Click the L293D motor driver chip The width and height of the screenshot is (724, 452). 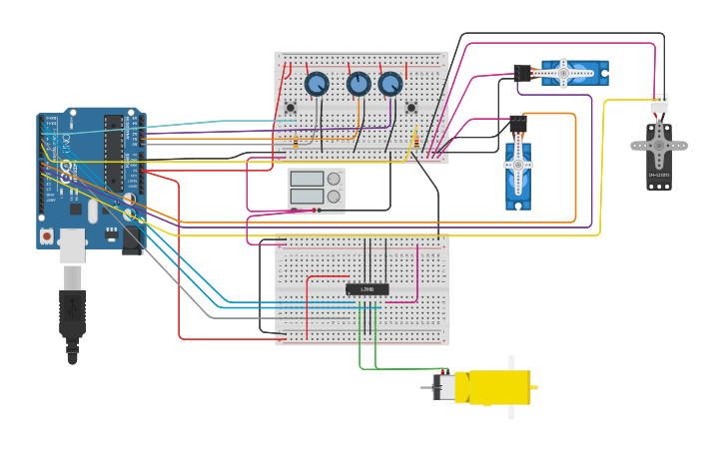[x=366, y=289]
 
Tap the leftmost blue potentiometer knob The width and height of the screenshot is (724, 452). [x=317, y=84]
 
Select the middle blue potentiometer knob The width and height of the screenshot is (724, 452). [x=359, y=84]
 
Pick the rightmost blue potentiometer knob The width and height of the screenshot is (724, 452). [x=390, y=84]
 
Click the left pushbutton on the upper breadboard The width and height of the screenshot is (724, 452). [x=291, y=108]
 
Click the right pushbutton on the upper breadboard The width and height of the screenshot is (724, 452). [x=411, y=108]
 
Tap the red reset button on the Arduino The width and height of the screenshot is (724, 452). [x=46, y=236]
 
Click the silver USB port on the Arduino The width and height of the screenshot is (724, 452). [x=72, y=244]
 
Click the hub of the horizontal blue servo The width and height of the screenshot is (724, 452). [x=563, y=73]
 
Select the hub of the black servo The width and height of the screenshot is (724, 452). [x=659, y=146]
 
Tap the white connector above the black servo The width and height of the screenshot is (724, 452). [x=659, y=103]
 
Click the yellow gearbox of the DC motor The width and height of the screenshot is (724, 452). [x=499, y=387]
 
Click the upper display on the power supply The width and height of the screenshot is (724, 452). [x=307, y=180]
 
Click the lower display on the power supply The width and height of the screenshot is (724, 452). [x=307, y=197]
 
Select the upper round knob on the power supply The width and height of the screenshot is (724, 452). [x=333, y=180]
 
